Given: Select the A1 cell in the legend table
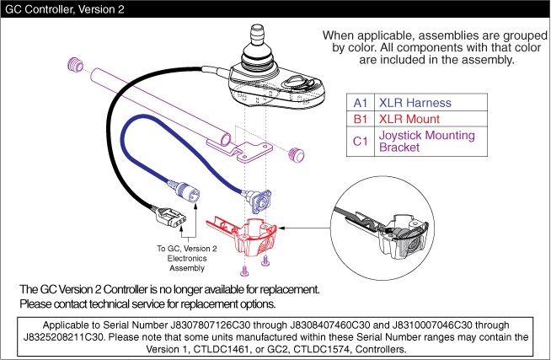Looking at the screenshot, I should point(360,103).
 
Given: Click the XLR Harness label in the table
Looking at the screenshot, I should point(415,103).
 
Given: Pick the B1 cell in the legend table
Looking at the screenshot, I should point(360,119).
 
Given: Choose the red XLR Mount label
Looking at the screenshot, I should point(409,119).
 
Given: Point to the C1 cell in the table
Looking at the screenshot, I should point(360,141).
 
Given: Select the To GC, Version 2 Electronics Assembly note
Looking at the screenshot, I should point(186,258).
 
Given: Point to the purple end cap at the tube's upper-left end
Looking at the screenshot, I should point(73,63).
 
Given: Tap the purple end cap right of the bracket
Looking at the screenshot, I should point(296,154).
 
